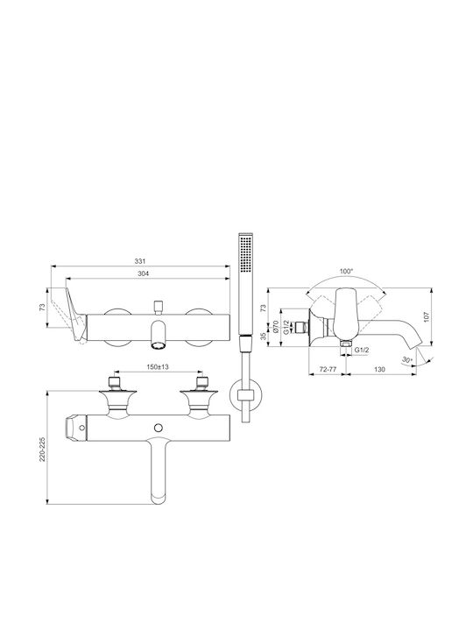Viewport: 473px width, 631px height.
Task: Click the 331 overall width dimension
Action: coord(139,261)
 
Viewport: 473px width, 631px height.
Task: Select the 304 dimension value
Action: coord(143,273)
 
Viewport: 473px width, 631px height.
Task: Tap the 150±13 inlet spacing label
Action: coord(158,366)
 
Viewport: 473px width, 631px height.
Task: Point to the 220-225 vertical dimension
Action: coord(42,449)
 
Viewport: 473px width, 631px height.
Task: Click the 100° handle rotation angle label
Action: coord(346,271)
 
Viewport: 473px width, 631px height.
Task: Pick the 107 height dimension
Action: coord(427,316)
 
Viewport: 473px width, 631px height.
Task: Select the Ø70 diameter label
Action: coord(276,326)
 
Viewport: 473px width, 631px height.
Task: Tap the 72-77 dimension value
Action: coord(328,369)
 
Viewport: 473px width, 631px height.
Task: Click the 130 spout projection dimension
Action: coord(379,369)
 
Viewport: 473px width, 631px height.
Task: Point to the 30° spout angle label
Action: coord(407,359)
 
